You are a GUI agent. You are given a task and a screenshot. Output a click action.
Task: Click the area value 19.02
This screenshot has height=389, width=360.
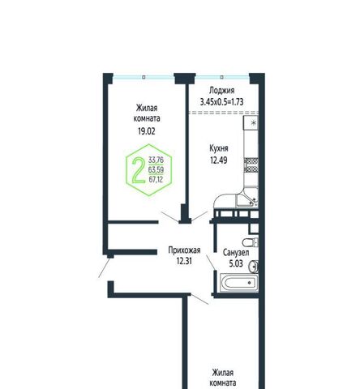point(147,131)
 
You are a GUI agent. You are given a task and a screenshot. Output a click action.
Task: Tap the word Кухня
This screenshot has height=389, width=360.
point(219,148)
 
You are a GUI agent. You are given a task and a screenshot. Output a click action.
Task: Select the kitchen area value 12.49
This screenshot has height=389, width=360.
point(219,160)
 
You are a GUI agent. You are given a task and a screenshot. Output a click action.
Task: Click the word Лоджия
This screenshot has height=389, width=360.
point(222,91)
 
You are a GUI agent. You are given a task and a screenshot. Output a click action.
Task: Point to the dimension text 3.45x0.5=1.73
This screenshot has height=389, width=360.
point(221,102)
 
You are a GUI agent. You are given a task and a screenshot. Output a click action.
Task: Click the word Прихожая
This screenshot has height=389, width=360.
point(184,250)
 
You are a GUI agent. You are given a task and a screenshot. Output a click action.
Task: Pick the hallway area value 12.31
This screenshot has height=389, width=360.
point(184,261)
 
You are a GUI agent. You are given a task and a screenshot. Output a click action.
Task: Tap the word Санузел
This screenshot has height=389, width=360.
point(236,253)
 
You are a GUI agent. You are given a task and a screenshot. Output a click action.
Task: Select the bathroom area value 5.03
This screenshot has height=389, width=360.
point(236,263)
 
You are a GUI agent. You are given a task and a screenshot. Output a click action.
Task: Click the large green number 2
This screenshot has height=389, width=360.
point(138,170)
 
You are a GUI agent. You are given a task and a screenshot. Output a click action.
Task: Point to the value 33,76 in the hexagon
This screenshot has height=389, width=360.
point(156,160)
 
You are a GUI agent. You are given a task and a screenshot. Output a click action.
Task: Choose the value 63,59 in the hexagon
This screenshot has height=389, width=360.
point(156,170)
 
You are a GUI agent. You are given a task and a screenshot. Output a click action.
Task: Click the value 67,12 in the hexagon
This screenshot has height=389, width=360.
point(156,179)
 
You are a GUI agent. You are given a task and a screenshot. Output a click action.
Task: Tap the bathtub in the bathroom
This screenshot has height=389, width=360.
point(239,283)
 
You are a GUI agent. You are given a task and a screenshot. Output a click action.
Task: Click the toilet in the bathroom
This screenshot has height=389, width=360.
point(251,242)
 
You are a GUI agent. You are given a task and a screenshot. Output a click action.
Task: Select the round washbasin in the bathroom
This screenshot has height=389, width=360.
point(254,267)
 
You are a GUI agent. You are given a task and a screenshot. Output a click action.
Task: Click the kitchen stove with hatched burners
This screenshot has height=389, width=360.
point(251,165)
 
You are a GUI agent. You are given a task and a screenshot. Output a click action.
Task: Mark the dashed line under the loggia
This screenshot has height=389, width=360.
point(224,113)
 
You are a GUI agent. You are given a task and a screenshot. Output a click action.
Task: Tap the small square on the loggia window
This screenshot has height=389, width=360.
point(222,77)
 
